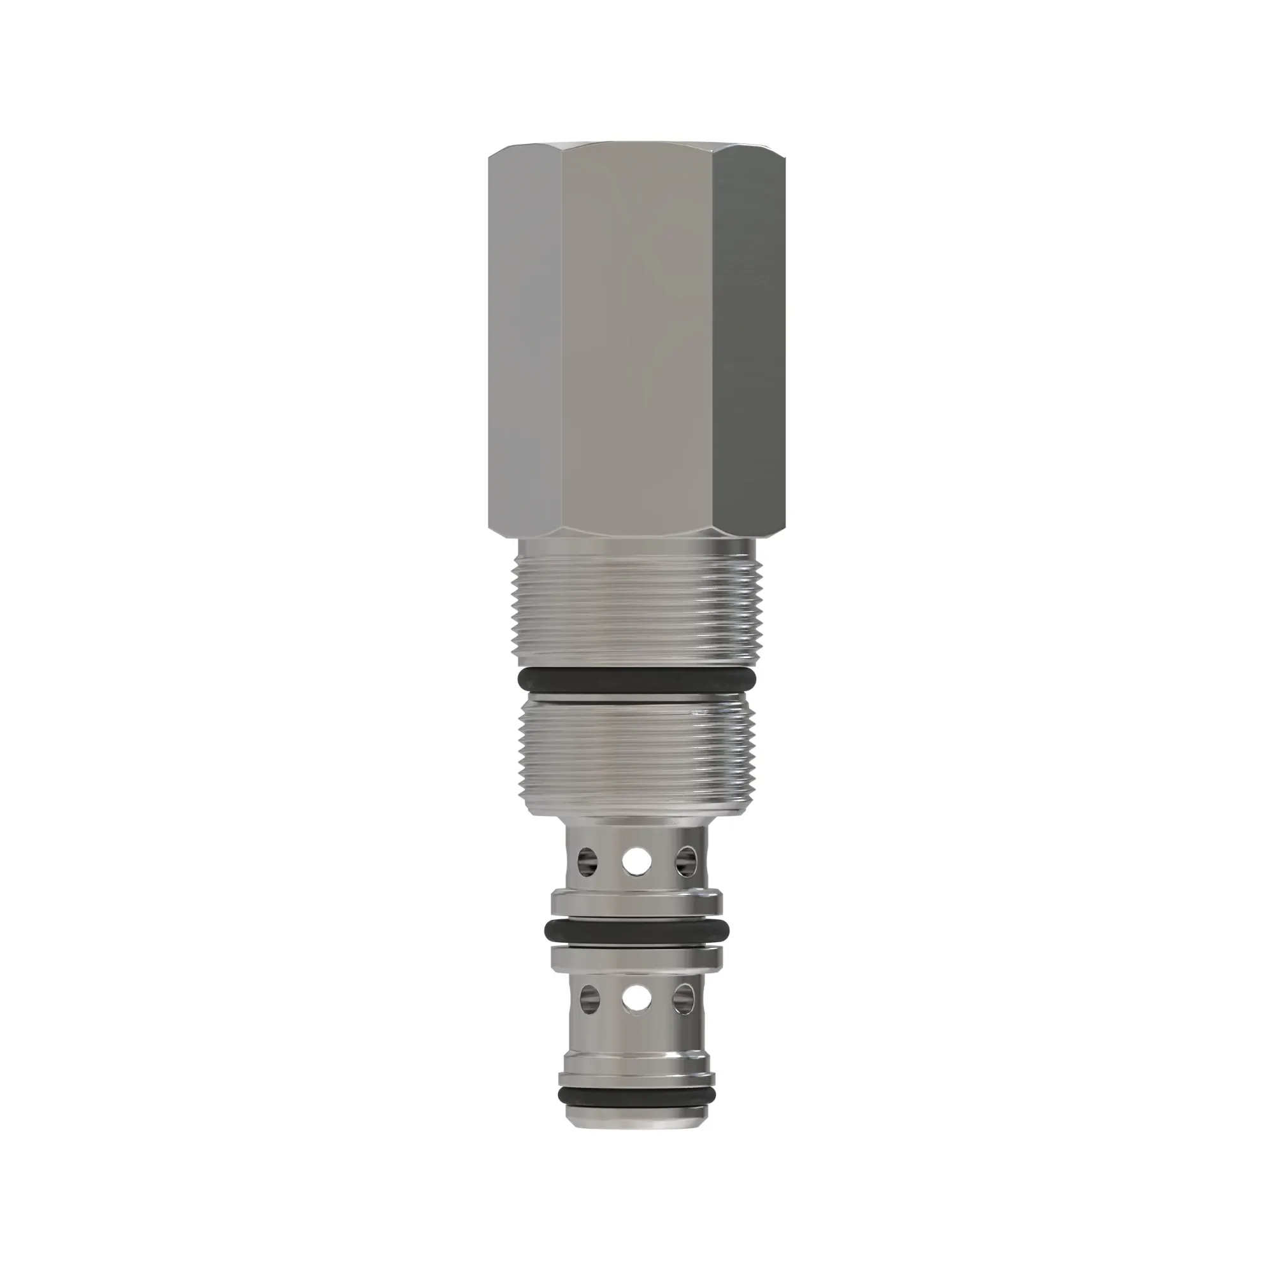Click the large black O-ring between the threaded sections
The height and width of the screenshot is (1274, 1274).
coord(636,678)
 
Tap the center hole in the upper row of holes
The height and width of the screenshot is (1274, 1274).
coord(636,861)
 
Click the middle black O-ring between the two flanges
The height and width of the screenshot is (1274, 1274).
coord(636,931)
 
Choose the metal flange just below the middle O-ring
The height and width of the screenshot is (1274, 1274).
coord(636,957)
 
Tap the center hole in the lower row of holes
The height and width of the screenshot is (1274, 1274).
coord(636,999)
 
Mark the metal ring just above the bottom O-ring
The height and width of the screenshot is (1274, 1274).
coord(636,1080)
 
